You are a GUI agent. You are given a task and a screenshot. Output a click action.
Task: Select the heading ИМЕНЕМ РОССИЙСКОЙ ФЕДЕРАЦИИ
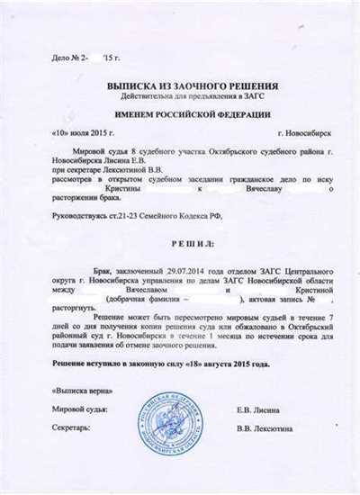coord(181,118)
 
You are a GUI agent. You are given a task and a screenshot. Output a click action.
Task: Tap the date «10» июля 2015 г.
coord(73,132)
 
